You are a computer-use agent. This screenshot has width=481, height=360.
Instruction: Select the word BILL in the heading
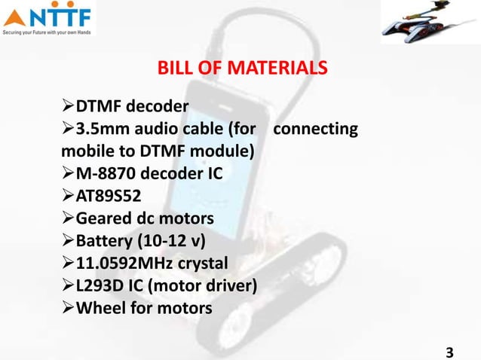coord(173,70)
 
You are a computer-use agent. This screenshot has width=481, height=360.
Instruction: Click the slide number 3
coord(450,352)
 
